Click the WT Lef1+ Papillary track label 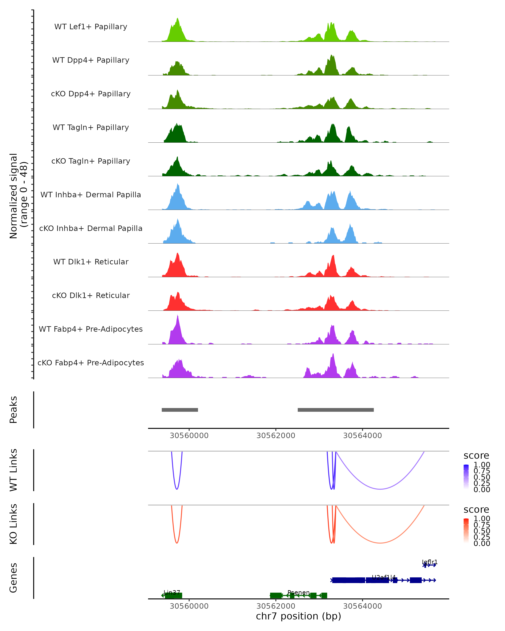pos(91,27)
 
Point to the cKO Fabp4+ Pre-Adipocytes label pos(91,363)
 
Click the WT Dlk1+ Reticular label pos(91,262)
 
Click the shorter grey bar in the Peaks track pos(180,410)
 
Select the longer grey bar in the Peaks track pos(335,410)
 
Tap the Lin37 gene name pos(172,593)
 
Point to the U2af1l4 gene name pos(384,577)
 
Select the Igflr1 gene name pos(429,562)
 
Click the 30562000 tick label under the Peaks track pos(276,436)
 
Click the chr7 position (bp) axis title pos(298,616)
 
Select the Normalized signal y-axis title pos(18,196)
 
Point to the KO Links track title pos(13,524)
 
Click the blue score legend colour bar pos(466,477)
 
